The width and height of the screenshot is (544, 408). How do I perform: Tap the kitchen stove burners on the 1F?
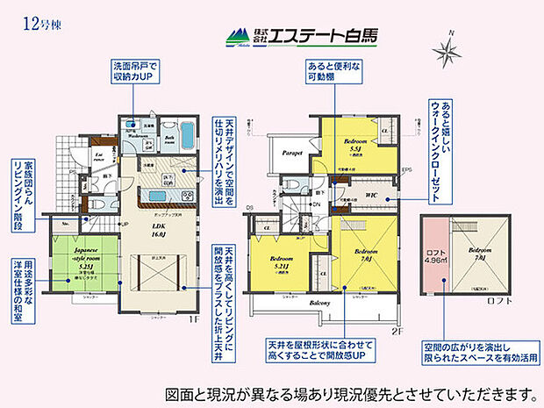pyautogui.click(x=169, y=194)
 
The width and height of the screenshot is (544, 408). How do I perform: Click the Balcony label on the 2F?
pyautogui.click(x=319, y=303)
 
